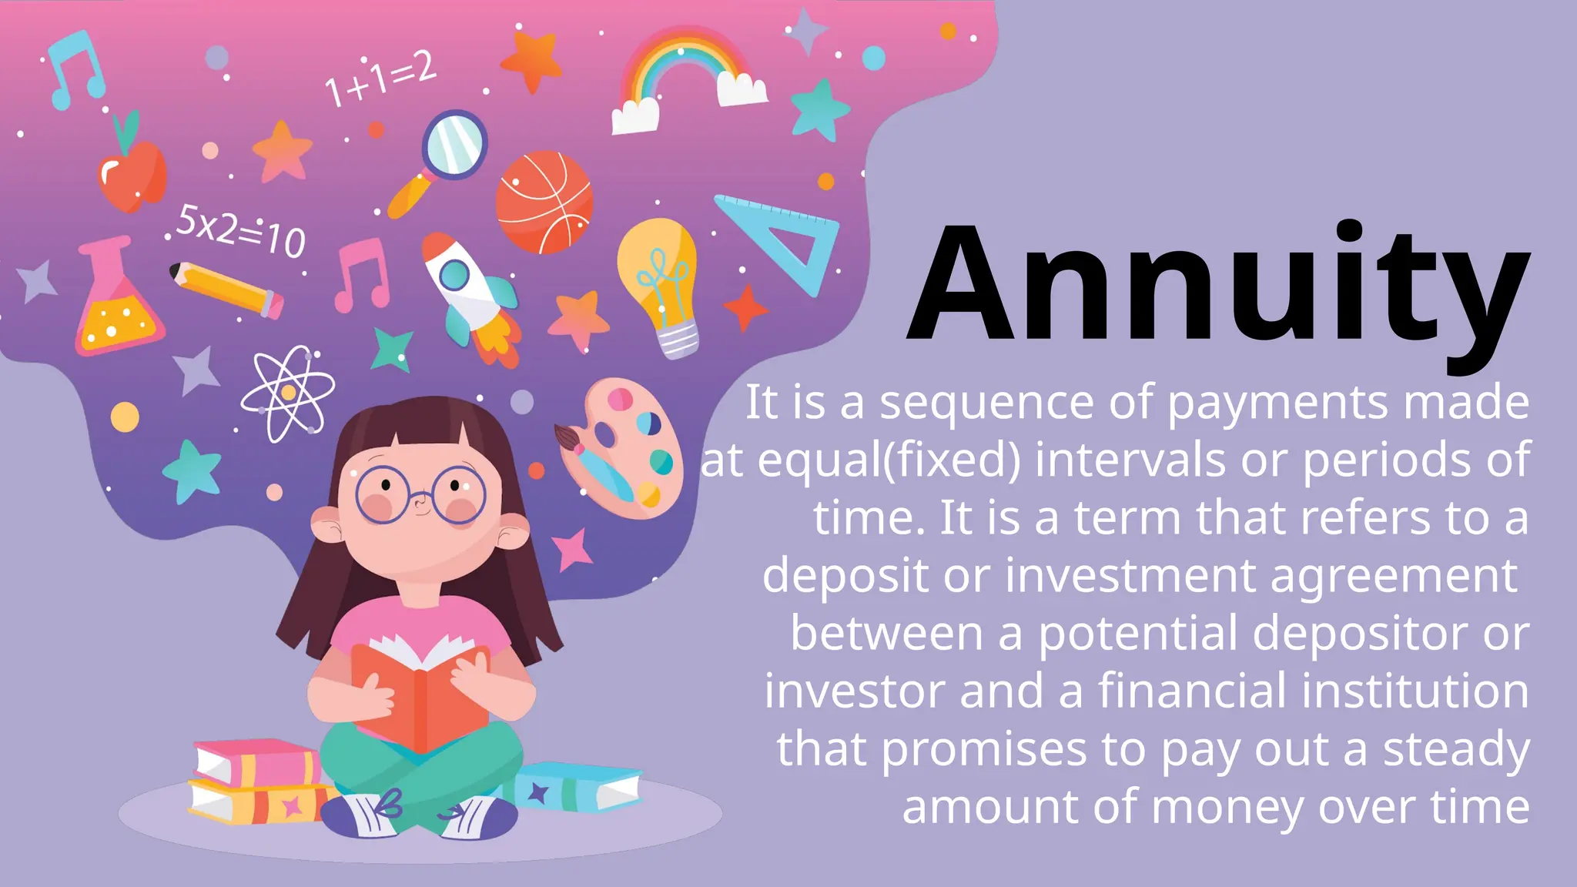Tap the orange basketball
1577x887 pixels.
(x=544, y=203)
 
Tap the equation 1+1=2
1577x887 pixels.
(x=380, y=79)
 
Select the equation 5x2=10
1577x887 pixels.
(x=240, y=231)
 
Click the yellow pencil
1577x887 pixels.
(x=226, y=290)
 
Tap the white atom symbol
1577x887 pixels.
(x=288, y=393)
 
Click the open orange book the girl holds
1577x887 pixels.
(x=420, y=693)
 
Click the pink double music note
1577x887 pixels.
(x=363, y=274)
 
